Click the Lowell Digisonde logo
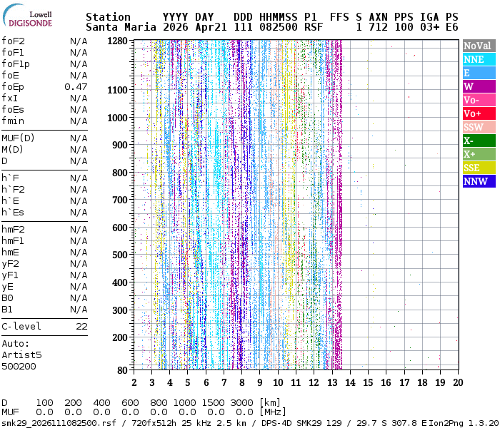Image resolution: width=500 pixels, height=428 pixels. pos(27,16)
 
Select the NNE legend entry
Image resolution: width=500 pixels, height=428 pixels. pos(479,59)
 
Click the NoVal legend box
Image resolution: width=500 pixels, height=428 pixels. pos(479,46)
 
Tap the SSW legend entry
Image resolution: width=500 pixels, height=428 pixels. pos(479,127)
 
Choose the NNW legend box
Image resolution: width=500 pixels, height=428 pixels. pos(479,181)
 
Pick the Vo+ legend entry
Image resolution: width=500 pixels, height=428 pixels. pos(479,113)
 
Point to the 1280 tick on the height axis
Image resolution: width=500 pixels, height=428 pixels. pos(117,41)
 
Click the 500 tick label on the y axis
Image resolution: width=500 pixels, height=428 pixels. pos(119,255)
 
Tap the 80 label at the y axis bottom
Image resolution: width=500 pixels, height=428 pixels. pos(122,370)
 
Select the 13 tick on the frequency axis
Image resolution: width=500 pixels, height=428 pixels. pos(332,382)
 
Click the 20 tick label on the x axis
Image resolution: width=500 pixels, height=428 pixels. pos(459,382)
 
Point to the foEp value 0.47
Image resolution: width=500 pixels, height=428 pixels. pos(76,87)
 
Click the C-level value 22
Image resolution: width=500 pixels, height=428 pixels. pos(81,327)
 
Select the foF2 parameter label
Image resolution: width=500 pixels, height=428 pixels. pos(13,41)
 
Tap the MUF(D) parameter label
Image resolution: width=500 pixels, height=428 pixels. pos(18,138)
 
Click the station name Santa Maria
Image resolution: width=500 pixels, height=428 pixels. pos(121,27)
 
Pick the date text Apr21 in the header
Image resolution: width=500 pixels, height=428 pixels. pos(211,27)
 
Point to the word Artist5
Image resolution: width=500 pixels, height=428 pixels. pos(21,355)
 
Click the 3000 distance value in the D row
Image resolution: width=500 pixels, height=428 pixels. pos(241,403)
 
